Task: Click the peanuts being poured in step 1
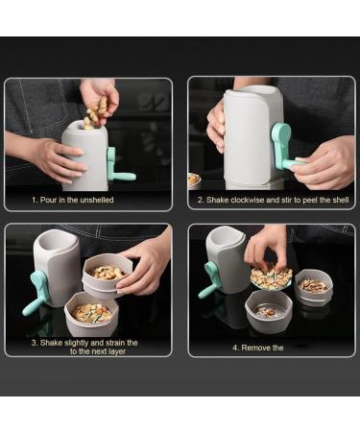(96, 112)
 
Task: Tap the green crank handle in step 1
(119, 168)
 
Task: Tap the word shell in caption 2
(335, 202)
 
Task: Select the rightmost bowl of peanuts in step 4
(314, 286)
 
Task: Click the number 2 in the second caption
(201, 202)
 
